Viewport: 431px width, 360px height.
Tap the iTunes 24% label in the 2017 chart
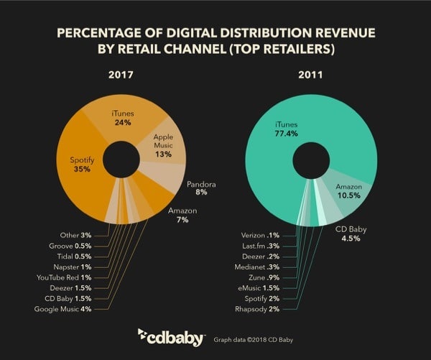(124, 117)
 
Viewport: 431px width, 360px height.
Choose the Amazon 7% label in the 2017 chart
(182, 215)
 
